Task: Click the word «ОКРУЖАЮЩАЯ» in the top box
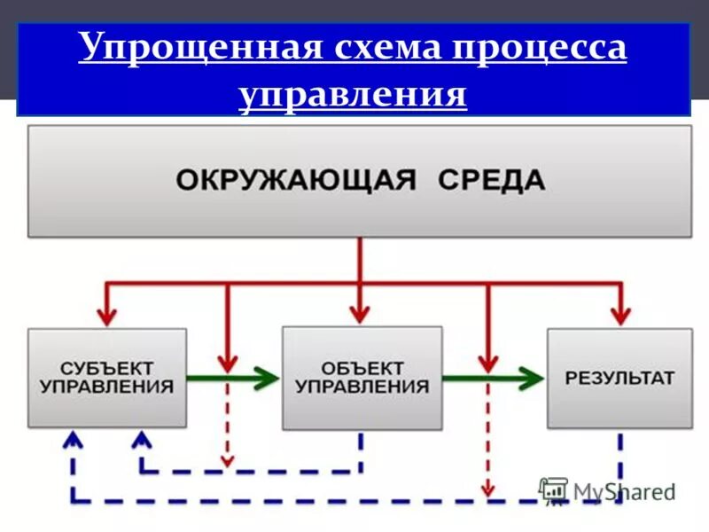pos(295,181)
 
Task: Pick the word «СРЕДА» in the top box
pos(492,181)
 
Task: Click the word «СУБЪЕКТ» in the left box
pos(108,366)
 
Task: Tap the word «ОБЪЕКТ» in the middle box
pos(362,366)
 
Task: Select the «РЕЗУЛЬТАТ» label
pos(619,378)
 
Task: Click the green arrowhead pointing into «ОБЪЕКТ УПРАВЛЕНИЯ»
pos(267,379)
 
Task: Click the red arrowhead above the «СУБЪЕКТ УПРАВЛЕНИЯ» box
pos(107,315)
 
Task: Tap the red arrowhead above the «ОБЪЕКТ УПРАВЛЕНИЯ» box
pos(360,313)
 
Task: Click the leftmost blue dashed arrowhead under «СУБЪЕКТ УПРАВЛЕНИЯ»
pos(74,438)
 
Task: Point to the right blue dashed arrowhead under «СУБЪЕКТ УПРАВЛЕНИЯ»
pos(141,438)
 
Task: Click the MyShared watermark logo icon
pos(554,490)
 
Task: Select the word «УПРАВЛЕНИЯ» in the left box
pos(108,387)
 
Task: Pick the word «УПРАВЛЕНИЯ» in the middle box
pos(362,387)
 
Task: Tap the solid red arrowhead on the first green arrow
pos(228,362)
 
